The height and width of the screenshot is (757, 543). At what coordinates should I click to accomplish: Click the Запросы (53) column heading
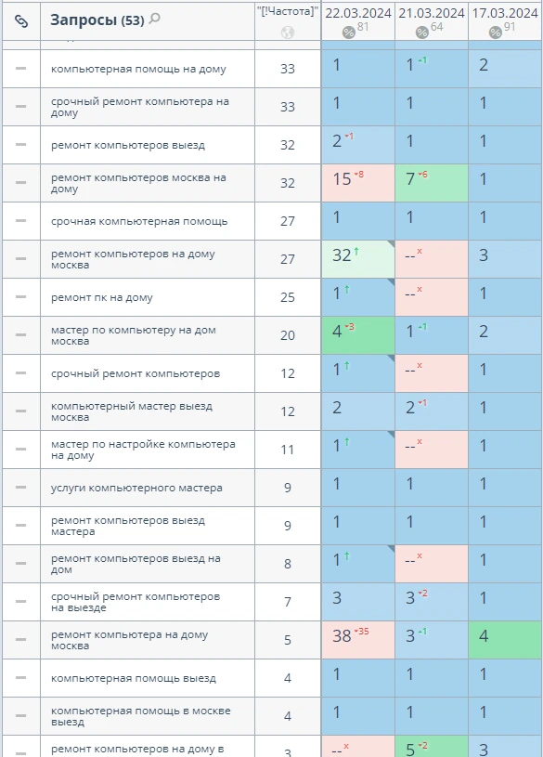point(97,20)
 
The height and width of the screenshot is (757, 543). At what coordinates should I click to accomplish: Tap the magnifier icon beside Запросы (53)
point(154,19)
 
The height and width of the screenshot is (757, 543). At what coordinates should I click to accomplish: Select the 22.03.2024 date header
point(358,13)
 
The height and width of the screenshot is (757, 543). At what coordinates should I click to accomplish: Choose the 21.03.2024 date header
point(432,13)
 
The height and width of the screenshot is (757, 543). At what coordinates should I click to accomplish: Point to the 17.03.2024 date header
point(505,13)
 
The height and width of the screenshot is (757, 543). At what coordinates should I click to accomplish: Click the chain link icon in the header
point(21,20)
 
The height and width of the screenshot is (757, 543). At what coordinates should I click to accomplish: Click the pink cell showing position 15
point(358,183)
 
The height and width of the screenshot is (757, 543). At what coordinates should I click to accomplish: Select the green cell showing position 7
point(432,183)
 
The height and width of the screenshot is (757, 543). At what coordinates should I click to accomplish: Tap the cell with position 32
point(358,259)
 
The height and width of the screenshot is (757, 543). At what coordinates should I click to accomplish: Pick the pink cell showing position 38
point(358,640)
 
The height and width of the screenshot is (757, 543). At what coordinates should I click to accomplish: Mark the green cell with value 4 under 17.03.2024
point(505,640)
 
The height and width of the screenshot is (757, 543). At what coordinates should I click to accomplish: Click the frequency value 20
point(288,335)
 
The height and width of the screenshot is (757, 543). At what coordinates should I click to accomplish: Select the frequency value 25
point(288,297)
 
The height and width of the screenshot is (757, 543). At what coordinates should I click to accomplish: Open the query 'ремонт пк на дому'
point(102,297)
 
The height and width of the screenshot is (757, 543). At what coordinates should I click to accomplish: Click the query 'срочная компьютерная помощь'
point(139,221)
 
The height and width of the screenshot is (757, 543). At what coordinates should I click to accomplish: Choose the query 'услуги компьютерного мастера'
point(136,488)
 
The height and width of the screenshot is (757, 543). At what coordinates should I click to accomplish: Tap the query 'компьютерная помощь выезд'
point(134,678)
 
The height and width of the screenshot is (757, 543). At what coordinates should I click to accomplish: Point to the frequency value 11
point(288,450)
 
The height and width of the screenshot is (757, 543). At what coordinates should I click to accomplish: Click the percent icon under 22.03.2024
point(348,33)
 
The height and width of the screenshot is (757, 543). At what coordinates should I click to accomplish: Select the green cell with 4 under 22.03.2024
point(358,335)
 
